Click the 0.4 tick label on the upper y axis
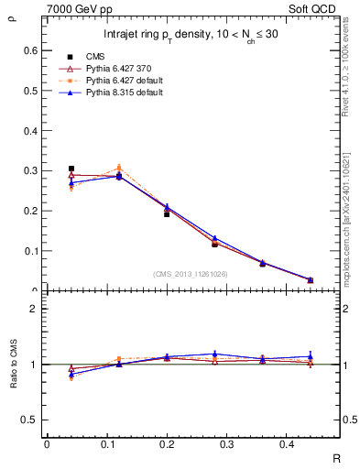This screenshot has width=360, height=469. point(29,131)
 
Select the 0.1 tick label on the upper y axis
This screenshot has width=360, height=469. point(29,251)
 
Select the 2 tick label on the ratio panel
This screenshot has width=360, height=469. point(34,309)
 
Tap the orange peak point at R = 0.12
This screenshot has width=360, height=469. point(119,168)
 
